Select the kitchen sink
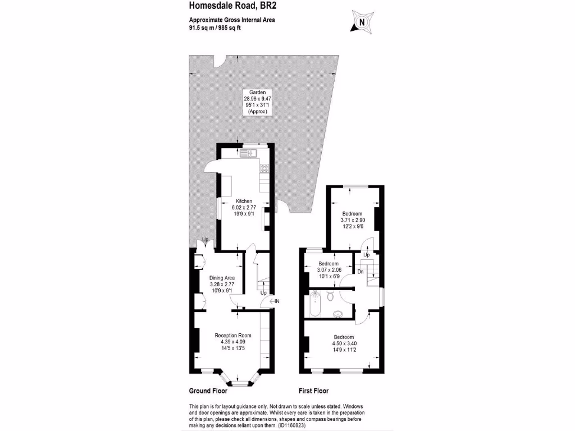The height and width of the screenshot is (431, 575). coord(248,153)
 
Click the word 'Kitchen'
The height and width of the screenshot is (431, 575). coord(244,201)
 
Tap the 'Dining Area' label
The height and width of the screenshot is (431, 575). coord(221,278)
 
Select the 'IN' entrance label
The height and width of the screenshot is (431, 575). coord(277,301)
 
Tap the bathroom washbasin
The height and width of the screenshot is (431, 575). coord(338,313)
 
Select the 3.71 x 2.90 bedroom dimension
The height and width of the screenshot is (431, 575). coord(352,221)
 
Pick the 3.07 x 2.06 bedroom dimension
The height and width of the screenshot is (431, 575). coord(328,270)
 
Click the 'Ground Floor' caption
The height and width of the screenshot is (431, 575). coord(208,391)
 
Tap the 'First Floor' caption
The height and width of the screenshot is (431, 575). coord(313,391)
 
